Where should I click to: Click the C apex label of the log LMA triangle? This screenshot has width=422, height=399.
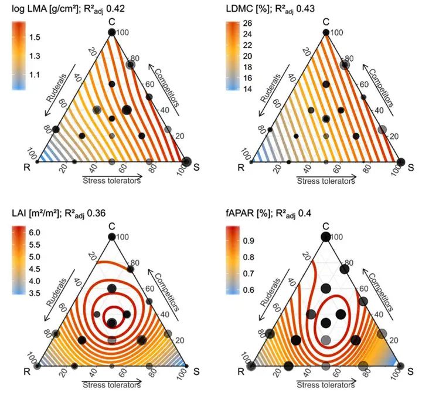pos(111,22)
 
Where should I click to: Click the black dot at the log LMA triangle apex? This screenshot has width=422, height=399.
pos(111,32)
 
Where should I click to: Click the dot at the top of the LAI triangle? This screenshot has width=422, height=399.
pos(111,236)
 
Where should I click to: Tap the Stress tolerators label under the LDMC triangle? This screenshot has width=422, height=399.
pos(325,181)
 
